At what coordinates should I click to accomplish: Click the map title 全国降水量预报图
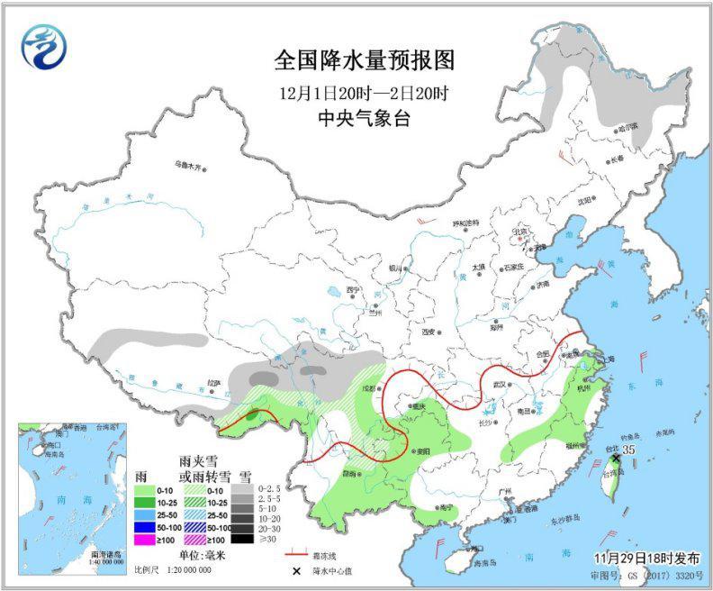[365, 60]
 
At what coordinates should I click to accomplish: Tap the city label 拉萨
[213, 382]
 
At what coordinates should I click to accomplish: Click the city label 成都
[368, 387]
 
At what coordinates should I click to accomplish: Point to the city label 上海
[609, 359]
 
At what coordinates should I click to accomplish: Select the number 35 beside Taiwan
[629, 448]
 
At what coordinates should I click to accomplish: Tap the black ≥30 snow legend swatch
[240, 540]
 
